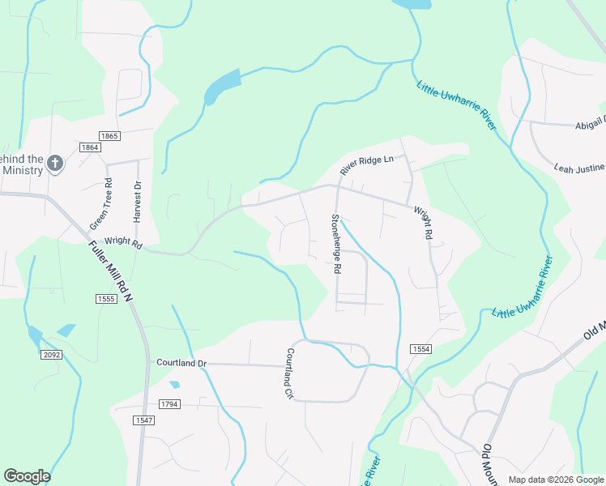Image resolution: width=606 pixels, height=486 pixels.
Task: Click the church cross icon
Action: tap(55, 164)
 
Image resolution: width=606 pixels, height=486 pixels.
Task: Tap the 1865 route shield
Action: tap(109, 136)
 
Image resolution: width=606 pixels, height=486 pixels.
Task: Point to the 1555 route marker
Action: tap(106, 299)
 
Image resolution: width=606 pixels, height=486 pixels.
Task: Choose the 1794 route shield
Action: tap(169, 403)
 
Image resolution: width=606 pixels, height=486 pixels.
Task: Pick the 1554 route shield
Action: tap(418, 347)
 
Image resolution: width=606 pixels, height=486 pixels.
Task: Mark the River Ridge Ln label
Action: tap(366, 165)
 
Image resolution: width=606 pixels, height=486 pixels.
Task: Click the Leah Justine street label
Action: tap(579, 168)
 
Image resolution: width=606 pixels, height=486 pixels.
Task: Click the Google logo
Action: tap(27, 476)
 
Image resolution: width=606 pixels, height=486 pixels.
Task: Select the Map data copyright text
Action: tap(555, 480)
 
